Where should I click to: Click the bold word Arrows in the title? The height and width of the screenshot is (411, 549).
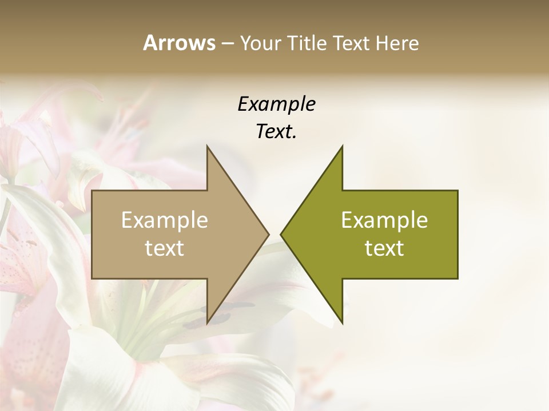tap(178, 43)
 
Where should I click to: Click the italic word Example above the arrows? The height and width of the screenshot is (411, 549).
tap(276, 104)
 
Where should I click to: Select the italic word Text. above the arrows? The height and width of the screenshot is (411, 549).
tap(276, 132)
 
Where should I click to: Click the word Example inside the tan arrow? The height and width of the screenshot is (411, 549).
tap(165, 220)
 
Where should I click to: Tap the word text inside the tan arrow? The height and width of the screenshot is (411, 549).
tap(165, 248)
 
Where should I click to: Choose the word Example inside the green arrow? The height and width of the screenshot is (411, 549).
tap(384, 220)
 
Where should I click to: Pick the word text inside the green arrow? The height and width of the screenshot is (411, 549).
tap(384, 248)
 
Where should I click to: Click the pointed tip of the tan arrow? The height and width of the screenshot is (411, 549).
tap(269, 234)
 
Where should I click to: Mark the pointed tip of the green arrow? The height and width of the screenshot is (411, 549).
tap(280, 234)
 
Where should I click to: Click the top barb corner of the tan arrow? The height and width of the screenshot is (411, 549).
tap(207, 146)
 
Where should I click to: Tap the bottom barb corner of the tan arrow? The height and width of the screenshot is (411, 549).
tap(207, 323)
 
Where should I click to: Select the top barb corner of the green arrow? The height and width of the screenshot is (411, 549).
tap(342, 146)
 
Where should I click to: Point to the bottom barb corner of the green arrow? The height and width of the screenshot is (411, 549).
tap(342, 323)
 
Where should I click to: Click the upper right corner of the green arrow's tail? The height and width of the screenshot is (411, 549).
tap(457, 191)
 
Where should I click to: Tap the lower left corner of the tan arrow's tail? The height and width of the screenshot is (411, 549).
tap(92, 278)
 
